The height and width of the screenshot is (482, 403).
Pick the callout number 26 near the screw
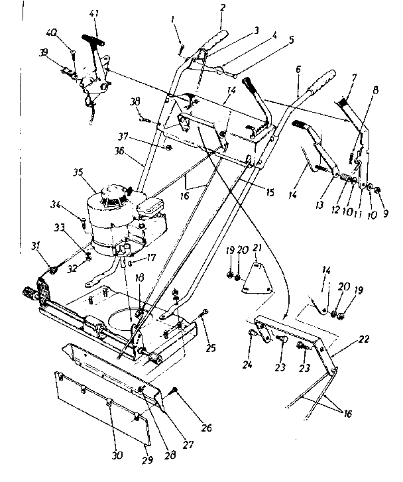tap(207, 428)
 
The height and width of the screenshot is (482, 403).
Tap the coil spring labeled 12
tap(345, 178)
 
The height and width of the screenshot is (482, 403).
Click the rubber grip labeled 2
tap(215, 40)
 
